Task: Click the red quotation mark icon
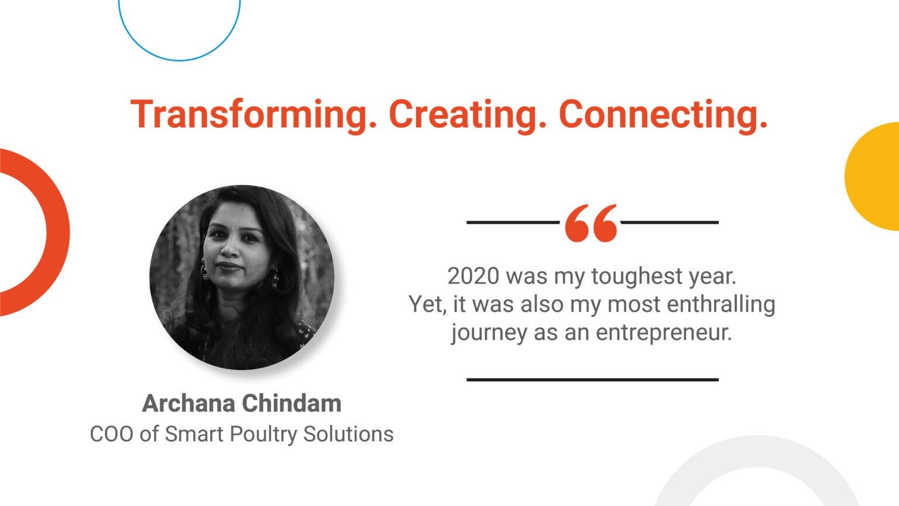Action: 591,223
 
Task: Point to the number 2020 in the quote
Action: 473,276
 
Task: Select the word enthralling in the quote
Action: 721,305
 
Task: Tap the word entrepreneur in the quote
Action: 664,333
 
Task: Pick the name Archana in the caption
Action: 188,403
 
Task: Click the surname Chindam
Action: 292,403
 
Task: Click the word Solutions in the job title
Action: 348,434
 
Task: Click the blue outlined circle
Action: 180,61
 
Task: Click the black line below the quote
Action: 592,379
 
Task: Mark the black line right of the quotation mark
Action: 670,222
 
